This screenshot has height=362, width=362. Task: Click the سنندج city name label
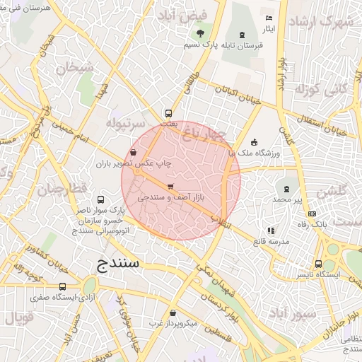pos(117,265)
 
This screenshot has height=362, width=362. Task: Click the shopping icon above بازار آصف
pos(170,187)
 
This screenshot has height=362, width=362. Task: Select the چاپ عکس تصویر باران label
pos(135,163)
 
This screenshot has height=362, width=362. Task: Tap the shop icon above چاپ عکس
pos(134,152)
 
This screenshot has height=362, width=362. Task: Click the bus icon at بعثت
pos(168,112)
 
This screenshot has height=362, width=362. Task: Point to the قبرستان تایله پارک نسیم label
pos(223,45)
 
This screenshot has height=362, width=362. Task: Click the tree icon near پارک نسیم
pos(200,33)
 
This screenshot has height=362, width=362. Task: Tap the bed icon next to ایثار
pos(268,18)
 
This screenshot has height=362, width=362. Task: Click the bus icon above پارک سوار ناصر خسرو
pos(100,200)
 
